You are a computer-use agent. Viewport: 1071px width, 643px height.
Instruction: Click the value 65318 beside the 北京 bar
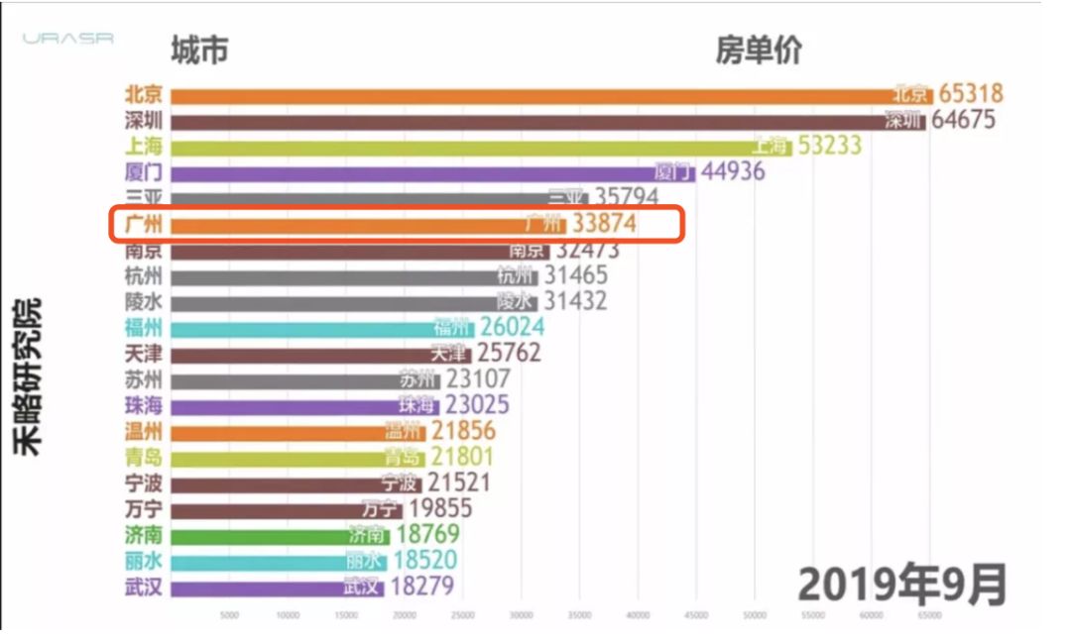pyautogui.click(x=971, y=94)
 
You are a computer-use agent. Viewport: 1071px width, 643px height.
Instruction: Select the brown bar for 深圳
pyautogui.click(x=526, y=121)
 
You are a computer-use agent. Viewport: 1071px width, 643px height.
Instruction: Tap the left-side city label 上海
pyautogui.click(x=143, y=147)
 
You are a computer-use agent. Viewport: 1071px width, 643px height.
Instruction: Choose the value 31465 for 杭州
pyautogui.click(x=576, y=275)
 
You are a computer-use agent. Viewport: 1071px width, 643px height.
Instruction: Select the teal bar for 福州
pyautogui.click(x=297, y=327)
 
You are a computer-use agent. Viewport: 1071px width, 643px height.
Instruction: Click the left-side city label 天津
pyautogui.click(x=143, y=354)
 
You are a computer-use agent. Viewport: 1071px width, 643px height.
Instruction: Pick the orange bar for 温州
pyautogui.click(x=268, y=431)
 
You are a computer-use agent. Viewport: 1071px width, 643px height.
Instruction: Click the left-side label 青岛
pyautogui.click(x=143, y=457)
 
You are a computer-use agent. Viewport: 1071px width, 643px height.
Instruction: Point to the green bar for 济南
pyautogui.click(x=258, y=535)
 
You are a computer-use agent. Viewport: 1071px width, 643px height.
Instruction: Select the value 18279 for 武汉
pyautogui.click(x=422, y=587)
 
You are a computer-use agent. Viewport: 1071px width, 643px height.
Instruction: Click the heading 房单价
pyautogui.click(x=759, y=51)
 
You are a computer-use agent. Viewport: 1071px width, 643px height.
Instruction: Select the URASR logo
pyautogui.click(x=68, y=40)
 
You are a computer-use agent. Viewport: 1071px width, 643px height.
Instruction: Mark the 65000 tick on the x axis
pyautogui.click(x=929, y=615)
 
